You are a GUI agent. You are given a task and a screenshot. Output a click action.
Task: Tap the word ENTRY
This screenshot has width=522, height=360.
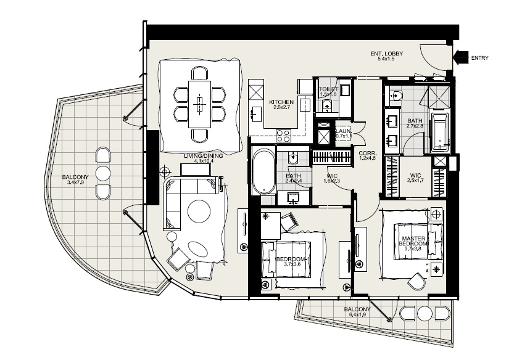click(479, 59)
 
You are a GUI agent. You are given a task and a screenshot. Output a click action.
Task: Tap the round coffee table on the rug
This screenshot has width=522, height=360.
click(199, 211)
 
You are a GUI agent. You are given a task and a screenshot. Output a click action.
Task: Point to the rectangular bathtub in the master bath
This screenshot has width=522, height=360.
click(439, 131)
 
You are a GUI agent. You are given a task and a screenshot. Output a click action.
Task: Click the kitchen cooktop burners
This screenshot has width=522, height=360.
click(283, 134)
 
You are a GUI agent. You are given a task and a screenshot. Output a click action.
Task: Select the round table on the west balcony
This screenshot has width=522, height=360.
click(103, 173)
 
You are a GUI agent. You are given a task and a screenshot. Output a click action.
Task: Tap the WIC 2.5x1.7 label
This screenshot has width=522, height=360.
click(415, 179)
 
